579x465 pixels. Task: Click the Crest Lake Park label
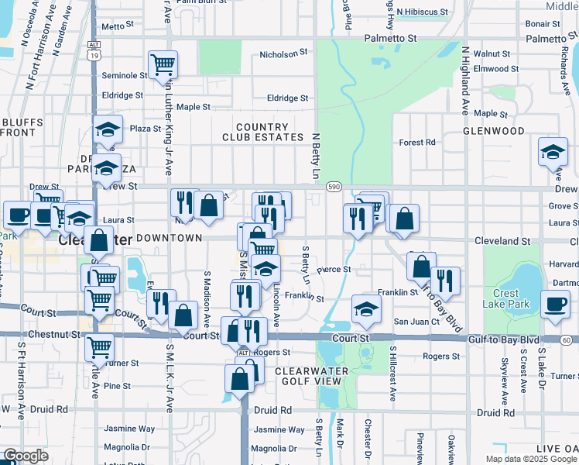point(512,298)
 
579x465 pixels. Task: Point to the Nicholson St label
point(283,53)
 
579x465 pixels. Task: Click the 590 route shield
point(334,187)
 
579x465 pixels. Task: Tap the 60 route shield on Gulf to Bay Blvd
point(567,340)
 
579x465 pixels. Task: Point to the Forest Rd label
point(417,143)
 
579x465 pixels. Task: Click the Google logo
point(26,456)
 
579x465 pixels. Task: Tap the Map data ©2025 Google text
point(531,459)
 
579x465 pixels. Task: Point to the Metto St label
point(113,26)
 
